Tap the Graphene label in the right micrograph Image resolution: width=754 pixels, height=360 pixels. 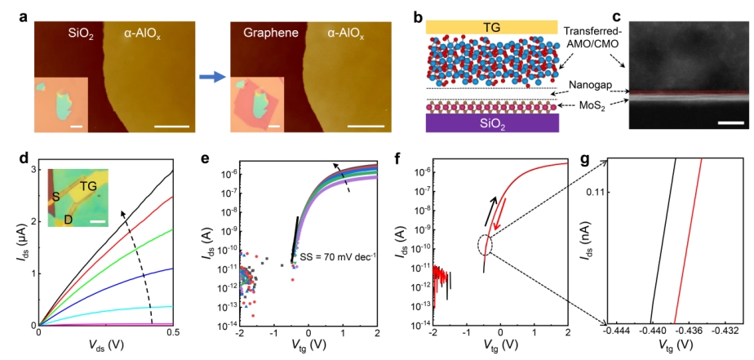270,34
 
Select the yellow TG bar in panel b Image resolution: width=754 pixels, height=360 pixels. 491,26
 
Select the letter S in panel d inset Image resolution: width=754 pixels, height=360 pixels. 56,197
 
